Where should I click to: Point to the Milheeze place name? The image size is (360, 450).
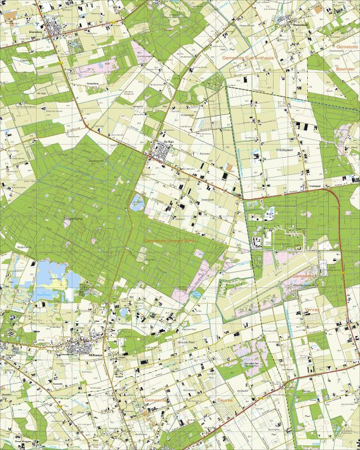[x=80, y=355]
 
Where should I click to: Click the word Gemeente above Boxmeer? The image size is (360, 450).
[x=347, y=47]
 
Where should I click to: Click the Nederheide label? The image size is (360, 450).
[x=24, y=246]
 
